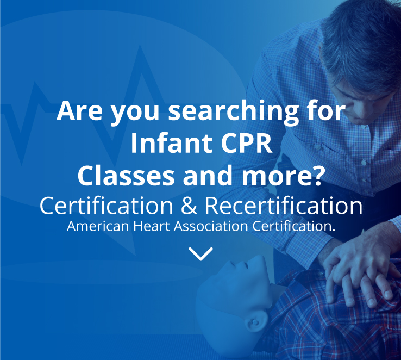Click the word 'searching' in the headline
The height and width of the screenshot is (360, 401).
tap(234, 112)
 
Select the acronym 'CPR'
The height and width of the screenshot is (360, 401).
tap(246, 143)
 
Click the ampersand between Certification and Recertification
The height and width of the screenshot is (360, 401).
tap(189, 206)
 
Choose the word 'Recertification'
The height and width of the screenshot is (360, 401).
tap(284, 206)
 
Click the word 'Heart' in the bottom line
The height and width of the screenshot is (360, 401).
tap(152, 226)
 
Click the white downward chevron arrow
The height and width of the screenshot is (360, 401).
tap(200, 254)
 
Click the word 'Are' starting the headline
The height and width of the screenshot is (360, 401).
tap(79, 111)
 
